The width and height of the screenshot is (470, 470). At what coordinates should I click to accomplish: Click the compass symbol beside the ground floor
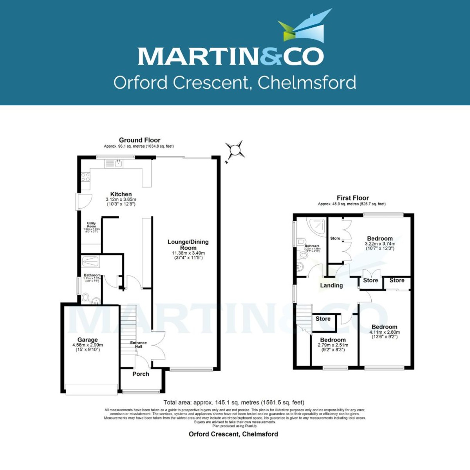click(x=234, y=150)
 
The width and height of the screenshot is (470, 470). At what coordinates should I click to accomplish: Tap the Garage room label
click(x=87, y=340)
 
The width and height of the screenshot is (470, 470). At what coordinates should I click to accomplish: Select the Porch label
click(x=141, y=374)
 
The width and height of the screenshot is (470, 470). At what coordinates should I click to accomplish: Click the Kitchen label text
click(x=121, y=194)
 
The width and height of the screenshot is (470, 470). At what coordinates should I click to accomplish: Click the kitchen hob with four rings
click(x=85, y=177)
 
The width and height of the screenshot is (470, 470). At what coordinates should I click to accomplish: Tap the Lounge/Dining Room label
click(x=188, y=245)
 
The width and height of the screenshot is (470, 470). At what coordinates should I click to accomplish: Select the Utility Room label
click(x=91, y=225)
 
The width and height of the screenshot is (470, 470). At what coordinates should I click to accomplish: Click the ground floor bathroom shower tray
click(x=90, y=262)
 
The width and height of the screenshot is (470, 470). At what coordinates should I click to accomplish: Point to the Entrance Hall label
click(x=138, y=345)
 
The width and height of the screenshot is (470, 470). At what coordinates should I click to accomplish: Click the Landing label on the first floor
click(x=331, y=286)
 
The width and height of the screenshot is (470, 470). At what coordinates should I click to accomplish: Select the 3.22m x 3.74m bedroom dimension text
click(x=380, y=244)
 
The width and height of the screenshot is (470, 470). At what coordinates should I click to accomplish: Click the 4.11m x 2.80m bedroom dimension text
click(x=384, y=332)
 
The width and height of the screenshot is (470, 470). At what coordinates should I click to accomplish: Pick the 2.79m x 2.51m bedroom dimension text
click(x=333, y=345)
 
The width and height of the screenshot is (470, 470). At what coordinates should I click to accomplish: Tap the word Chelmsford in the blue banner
click(x=307, y=83)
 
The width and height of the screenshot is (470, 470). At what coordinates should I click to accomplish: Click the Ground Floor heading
click(x=139, y=140)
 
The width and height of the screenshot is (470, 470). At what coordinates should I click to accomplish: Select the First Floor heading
click(x=352, y=198)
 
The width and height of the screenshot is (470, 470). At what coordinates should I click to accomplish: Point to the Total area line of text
click(x=234, y=402)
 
